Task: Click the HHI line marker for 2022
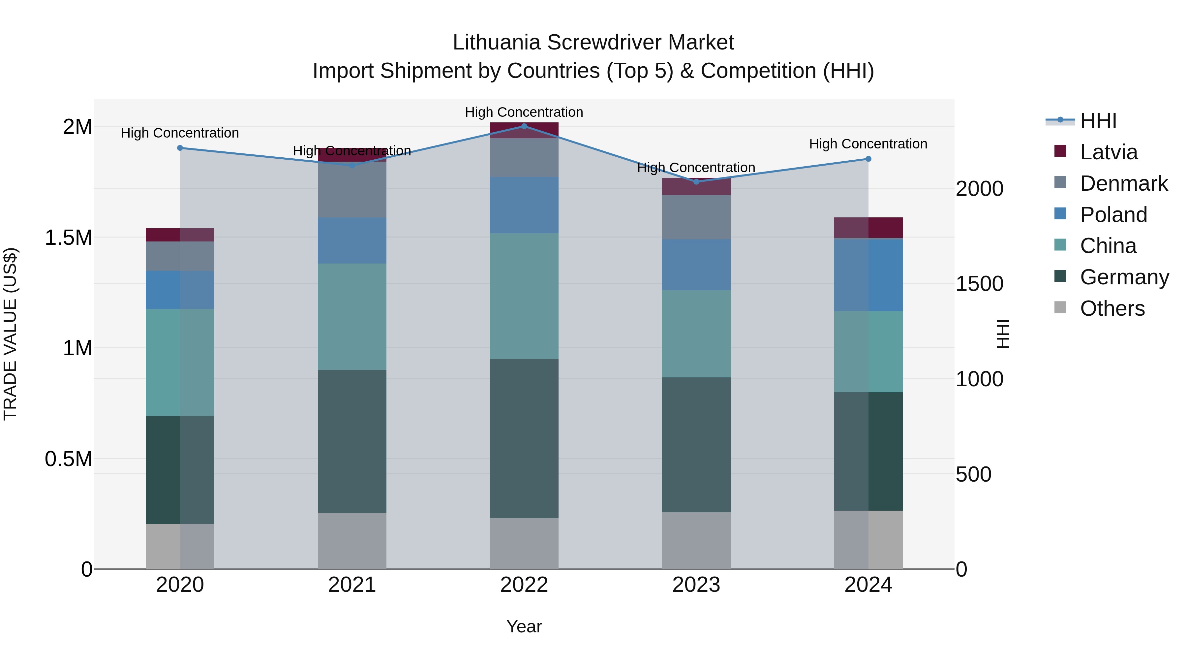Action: tap(524, 126)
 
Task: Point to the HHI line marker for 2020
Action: tap(180, 148)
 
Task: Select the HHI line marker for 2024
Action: tap(868, 159)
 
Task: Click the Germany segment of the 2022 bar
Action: tap(524, 438)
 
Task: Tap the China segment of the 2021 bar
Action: tap(352, 317)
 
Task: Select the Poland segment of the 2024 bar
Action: tap(868, 275)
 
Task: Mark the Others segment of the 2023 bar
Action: tap(696, 540)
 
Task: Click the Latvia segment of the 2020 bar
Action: tap(180, 235)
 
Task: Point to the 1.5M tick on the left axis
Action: tap(68, 238)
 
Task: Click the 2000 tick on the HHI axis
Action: tap(979, 189)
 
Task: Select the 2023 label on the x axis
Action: tap(696, 585)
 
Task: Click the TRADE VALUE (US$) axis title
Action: tap(10, 334)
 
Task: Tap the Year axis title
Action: tap(524, 626)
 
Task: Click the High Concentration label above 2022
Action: tap(524, 112)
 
